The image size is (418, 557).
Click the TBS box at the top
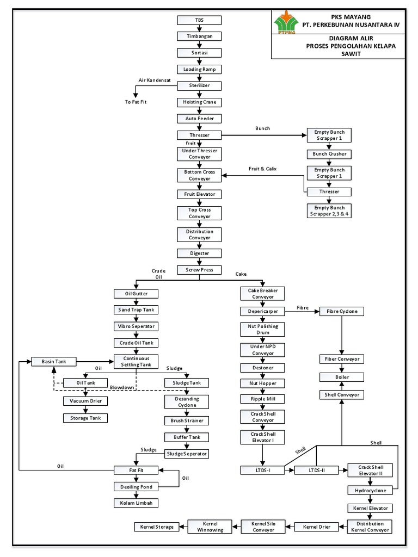click(x=199, y=20)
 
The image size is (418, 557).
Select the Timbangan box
click(x=199, y=36)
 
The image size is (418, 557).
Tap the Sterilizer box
click(x=199, y=86)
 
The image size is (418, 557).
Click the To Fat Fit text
click(x=136, y=102)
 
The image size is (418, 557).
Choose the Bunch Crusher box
click(x=329, y=154)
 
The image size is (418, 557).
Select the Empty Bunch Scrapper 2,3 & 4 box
click(x=329, y=211)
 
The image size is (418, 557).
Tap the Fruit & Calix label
click(x=262, y=169)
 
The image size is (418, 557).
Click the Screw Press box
click(x=199, y=270)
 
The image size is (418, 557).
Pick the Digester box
click(x=199, y=253)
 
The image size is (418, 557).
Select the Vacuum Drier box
click(x=85, y=401)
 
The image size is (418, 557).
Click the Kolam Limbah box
click(x=136, y=503)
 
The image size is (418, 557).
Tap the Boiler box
click(x=342, y=377)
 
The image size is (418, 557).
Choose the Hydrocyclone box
click(x=370, y=491)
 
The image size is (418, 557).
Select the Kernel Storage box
click(x=157, y=527)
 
